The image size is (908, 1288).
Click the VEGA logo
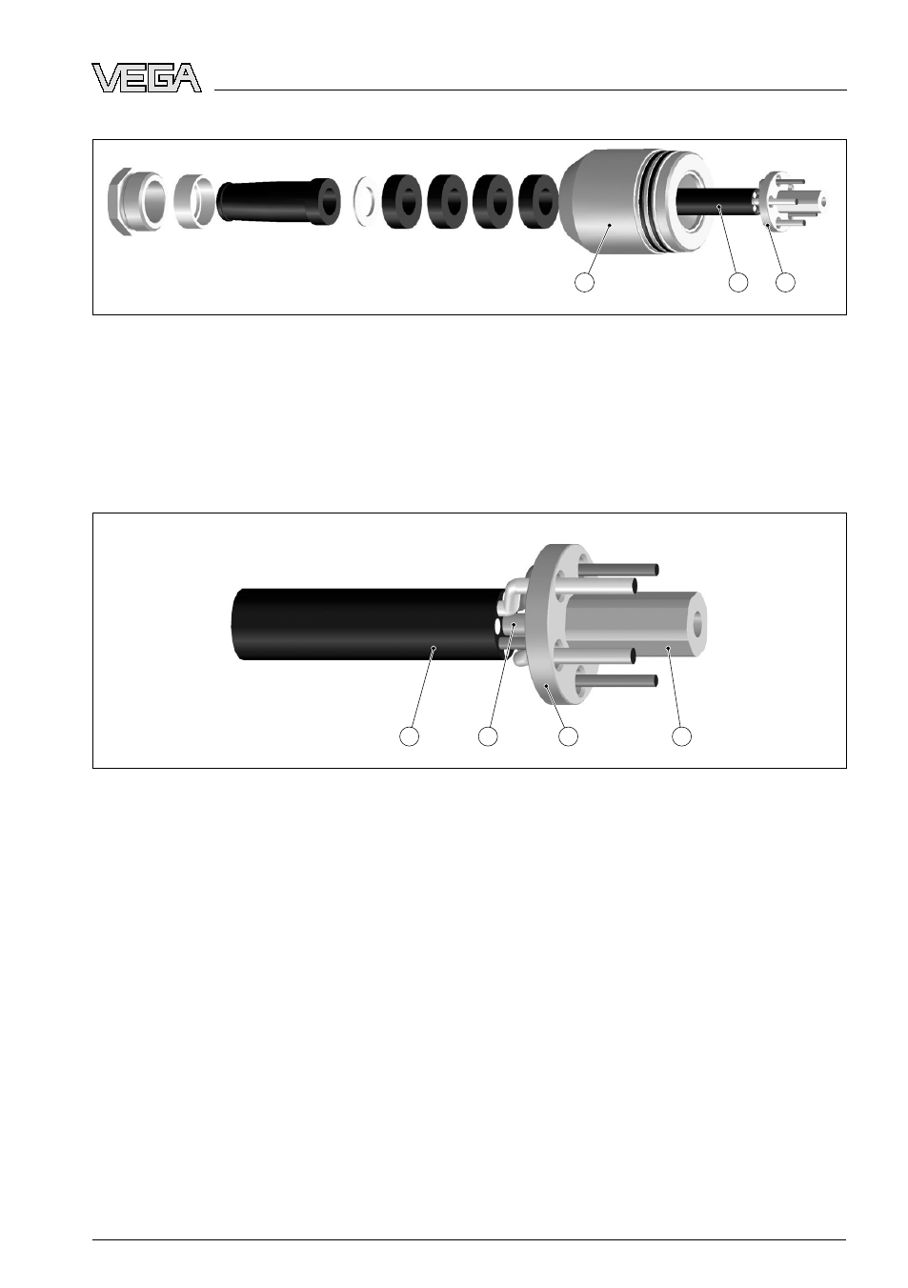(x=147, y=78)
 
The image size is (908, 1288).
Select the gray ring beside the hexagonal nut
(x=193, y=201)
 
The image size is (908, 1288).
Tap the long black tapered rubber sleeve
(x=278, y=202)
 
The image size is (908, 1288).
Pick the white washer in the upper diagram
(x=365, y=201)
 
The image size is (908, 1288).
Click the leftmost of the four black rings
(x=401, y=201)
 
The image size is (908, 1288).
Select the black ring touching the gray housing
(x=537, y=201)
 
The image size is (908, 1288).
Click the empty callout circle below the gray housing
(x=584, y=282)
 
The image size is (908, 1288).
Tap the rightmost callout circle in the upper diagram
(x=785, y=282)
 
